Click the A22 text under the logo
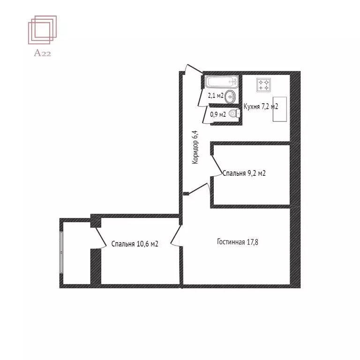42,53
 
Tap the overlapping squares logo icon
42,30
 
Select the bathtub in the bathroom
222,82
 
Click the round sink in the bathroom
231,97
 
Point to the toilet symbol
235,113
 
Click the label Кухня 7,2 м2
261,107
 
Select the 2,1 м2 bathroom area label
216,96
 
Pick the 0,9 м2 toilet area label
218,114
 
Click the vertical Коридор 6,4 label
196,147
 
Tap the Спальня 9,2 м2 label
244,173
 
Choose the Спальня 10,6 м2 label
135,244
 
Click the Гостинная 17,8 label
238,242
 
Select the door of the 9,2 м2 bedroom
217,164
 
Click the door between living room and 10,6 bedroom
176,236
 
